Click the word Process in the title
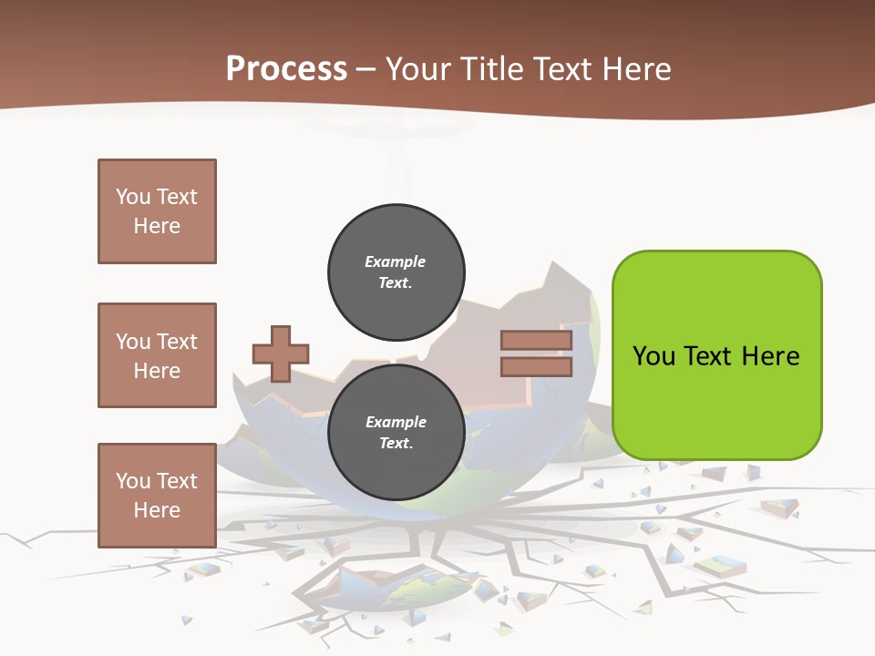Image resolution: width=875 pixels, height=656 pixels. tap(286, 69)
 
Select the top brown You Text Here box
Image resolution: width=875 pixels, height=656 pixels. tap(157, 211)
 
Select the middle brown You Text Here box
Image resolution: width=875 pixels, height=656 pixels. tap(157, 355)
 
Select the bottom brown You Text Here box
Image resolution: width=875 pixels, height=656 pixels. tap(157, 495)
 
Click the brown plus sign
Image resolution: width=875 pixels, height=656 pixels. tap(281, 354)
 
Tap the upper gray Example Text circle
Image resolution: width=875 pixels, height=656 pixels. tap(396, 272)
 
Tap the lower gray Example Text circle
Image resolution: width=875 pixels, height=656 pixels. tap(396, 433)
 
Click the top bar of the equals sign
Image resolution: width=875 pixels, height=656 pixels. tap(536, 341)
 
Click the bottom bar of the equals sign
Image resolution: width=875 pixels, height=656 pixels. tap(536, 366)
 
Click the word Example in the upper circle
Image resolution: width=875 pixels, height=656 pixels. tap(396, 262)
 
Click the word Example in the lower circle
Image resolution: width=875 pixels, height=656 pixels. tap(396, 423)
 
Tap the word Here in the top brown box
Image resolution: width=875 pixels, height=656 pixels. tap(157, 226)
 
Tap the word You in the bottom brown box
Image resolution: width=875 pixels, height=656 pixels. tap(132, 481)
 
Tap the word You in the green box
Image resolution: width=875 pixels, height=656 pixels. tap(654, 356)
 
